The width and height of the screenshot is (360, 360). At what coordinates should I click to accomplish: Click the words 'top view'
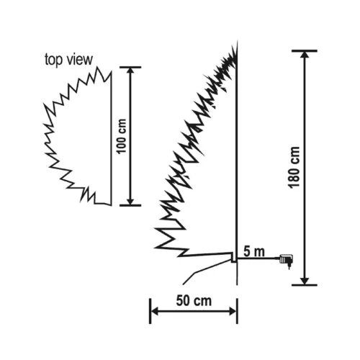[69, 59]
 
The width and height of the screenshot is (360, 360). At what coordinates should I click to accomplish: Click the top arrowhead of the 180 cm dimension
[305, 55]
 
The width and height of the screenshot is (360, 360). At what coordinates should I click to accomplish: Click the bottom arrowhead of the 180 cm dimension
[305, 280]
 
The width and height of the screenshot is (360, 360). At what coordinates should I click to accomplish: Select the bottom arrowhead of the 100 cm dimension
[130, 200]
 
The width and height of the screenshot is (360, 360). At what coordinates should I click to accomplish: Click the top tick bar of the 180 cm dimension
[305, 50]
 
